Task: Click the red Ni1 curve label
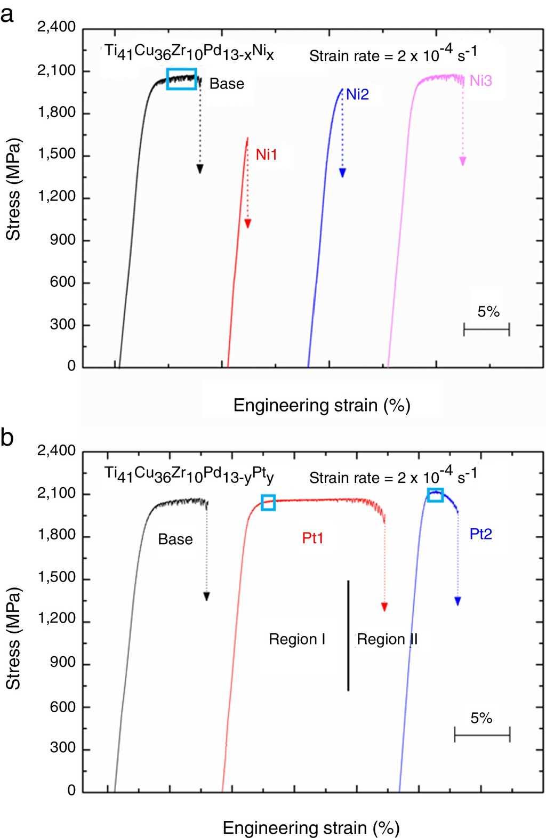pyautogui.click(x=266, y=155)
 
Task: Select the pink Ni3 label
pyautogui.click(x=480, y=80)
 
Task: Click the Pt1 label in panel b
pyautogui.click(x=312, y=538)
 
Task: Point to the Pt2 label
pyautogui.click(x=480, y=534)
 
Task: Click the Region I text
pyautogui.click(x=297, y=639)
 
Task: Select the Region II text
pyautogui.click(x=387, y=639)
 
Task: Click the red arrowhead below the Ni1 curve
pyautogui.click(x=247, y=224)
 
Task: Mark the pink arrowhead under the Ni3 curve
pyautogui.click(x=463, y=162)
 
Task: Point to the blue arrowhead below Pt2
pyautogui.click(x=457, y=601)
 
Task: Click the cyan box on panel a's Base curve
pyautogui.click(x=181, y=79)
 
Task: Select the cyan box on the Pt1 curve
pyautogui.click(x=268, y=502)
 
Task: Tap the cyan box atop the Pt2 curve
pyautogui.click(x=435, y=495)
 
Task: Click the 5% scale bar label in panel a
pyautogui.click(x=488, y=311)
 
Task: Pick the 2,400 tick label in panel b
pyautogui.click(x=57, y=451)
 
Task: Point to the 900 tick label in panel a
pyautogui.click(x=63, y=240)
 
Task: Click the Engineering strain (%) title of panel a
pyautogui.click(x=322, y=405)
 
